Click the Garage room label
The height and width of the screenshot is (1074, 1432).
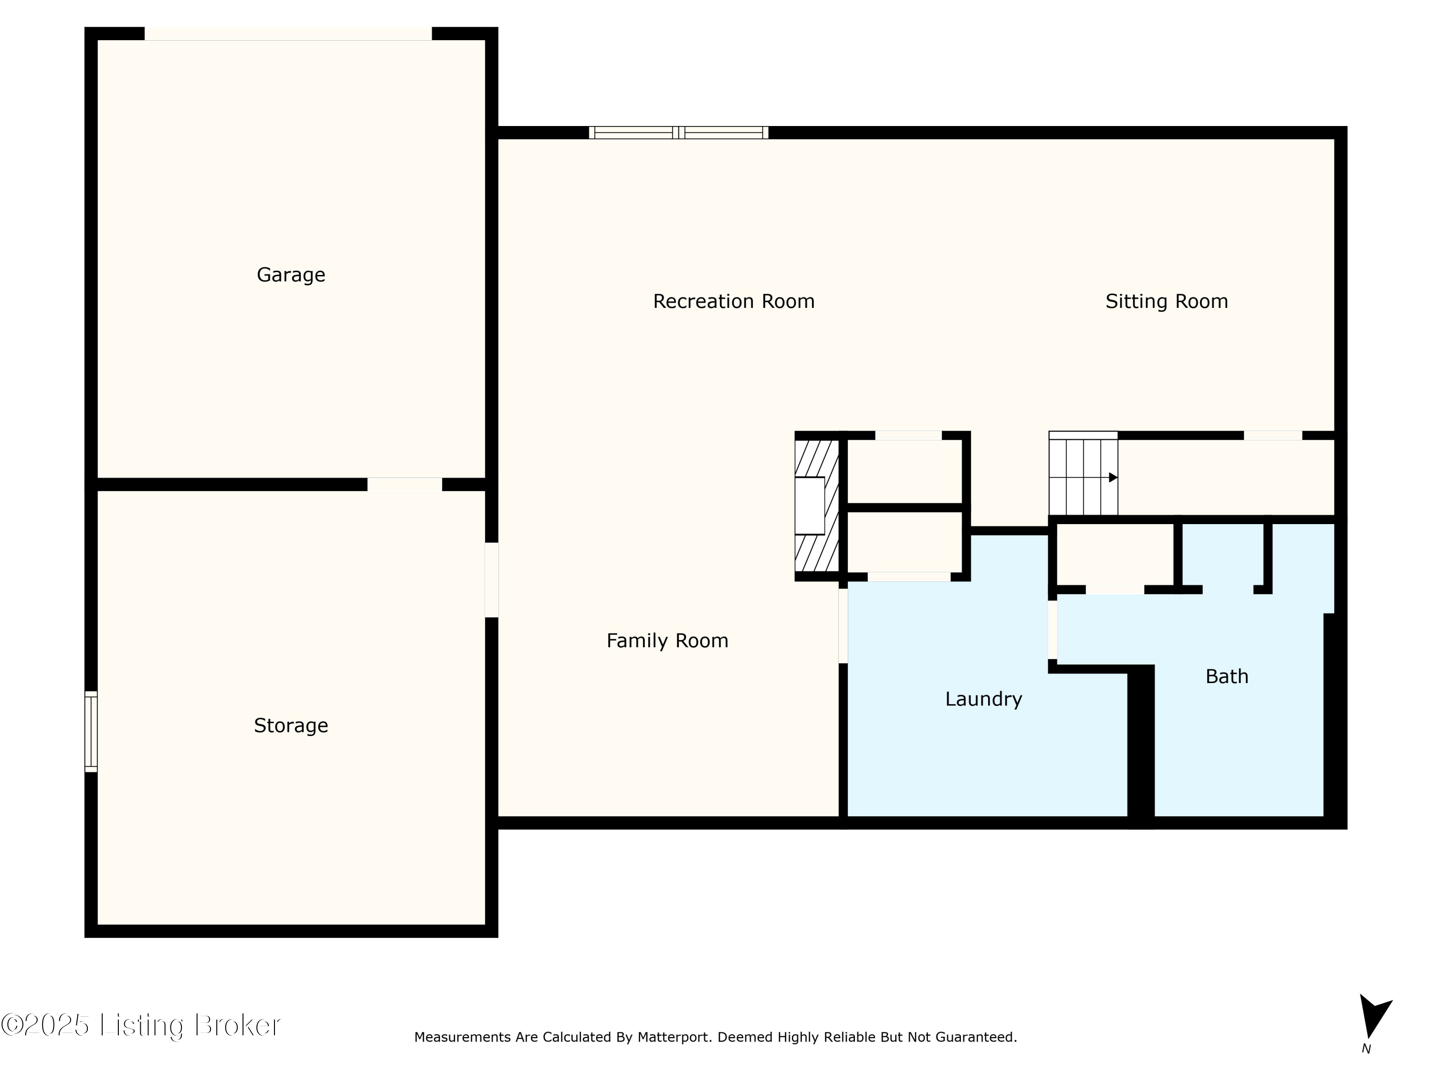click(291, 275)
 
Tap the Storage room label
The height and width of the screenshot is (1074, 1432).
click(291, 726)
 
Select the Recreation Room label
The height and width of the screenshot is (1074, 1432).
click(734, 301)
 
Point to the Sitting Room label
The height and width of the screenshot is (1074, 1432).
click(1167, 301)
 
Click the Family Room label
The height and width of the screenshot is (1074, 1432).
click(667, 640)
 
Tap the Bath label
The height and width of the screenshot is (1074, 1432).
click(1227, 676)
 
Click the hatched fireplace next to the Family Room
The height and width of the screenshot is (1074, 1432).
click(817, 505)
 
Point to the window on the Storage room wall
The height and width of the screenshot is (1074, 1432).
click(91, 732)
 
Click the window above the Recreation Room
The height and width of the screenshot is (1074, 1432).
click(678, 133)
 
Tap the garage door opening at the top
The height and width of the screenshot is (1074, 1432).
click(288, 34)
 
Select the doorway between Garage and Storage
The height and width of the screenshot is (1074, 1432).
click(405, 484)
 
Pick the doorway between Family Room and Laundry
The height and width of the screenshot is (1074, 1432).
click(843, 625)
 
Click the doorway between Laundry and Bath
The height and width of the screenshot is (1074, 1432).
click(1053, 629)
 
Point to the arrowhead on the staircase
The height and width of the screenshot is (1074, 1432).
click(1113, 478)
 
